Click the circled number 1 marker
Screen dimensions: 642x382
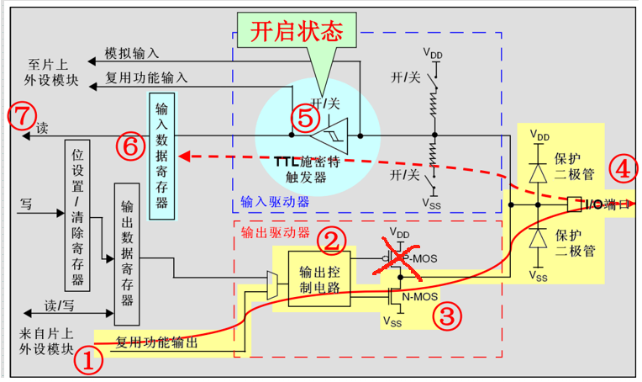(89, 362)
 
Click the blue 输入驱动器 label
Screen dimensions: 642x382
(275, 202)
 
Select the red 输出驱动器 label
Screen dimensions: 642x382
(275, 231)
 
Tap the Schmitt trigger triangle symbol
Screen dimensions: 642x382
(327, 135)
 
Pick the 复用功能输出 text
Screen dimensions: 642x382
(157, 342)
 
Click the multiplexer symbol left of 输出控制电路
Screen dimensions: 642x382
(271, 284)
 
